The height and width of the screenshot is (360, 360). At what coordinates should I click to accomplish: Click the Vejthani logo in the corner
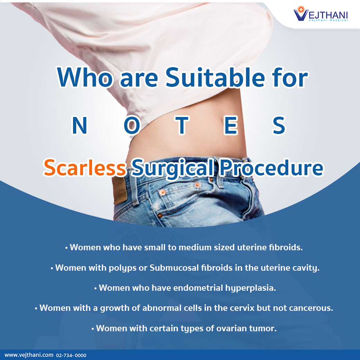click(321, 14)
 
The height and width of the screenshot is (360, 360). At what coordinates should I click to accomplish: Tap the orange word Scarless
click(85, 168)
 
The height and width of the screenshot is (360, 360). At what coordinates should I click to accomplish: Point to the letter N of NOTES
click(79, 125)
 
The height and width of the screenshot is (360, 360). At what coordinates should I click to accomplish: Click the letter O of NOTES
click(132, 125)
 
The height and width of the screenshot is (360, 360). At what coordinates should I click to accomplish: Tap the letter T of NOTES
click(182, 125)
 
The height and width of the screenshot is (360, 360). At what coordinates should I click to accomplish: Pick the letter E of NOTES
click(231, 125)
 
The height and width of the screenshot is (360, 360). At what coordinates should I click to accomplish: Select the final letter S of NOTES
click(279, 125)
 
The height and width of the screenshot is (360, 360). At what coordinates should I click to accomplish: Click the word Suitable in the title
click(215, 78)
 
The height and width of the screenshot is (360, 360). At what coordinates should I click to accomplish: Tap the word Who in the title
click(85, 78)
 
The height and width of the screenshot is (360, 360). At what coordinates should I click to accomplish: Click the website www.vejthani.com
click(29, 355)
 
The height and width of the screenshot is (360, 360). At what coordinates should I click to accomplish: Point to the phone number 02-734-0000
click(71, 355)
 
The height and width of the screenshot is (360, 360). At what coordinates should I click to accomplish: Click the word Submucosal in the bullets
click(174, 268)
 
